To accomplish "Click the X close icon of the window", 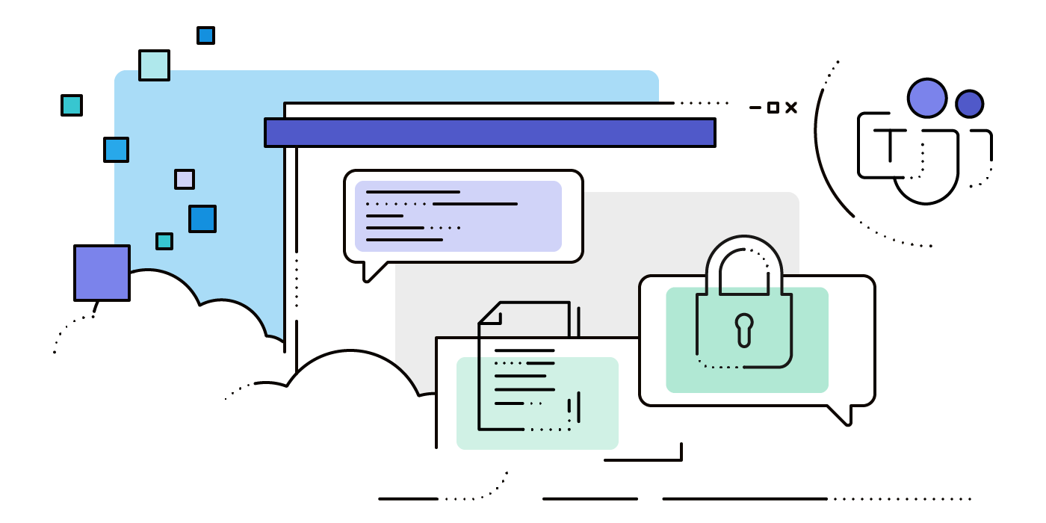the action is pyautogui.click(x=791, y=108).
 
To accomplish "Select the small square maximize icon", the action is pyautogui.click(x=773, y=108).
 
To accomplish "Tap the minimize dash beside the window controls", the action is pyautogui.click(x=755, y=108).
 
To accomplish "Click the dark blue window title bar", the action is pyautogui.click(x=490, y=132).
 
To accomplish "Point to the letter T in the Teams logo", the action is pyautogui.click(x=889, y=145).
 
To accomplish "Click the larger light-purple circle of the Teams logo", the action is pyautogui.click(x=927, y=98).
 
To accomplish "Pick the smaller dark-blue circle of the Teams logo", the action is pyautogui.click(x=969, y=104).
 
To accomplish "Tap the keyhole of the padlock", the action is pyautogui.click(x=744, y=329).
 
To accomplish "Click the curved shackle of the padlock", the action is pyautogui.click(x=744, y=254).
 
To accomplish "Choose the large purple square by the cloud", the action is pyautogui.click(x=102, y=273).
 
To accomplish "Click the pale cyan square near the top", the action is pyautogui.click(x=154, y=65).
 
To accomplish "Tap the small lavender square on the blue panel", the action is pyautogui.click(x=185, y=179).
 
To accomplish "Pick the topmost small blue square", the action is pyautogui.click(x=205, y=35).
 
